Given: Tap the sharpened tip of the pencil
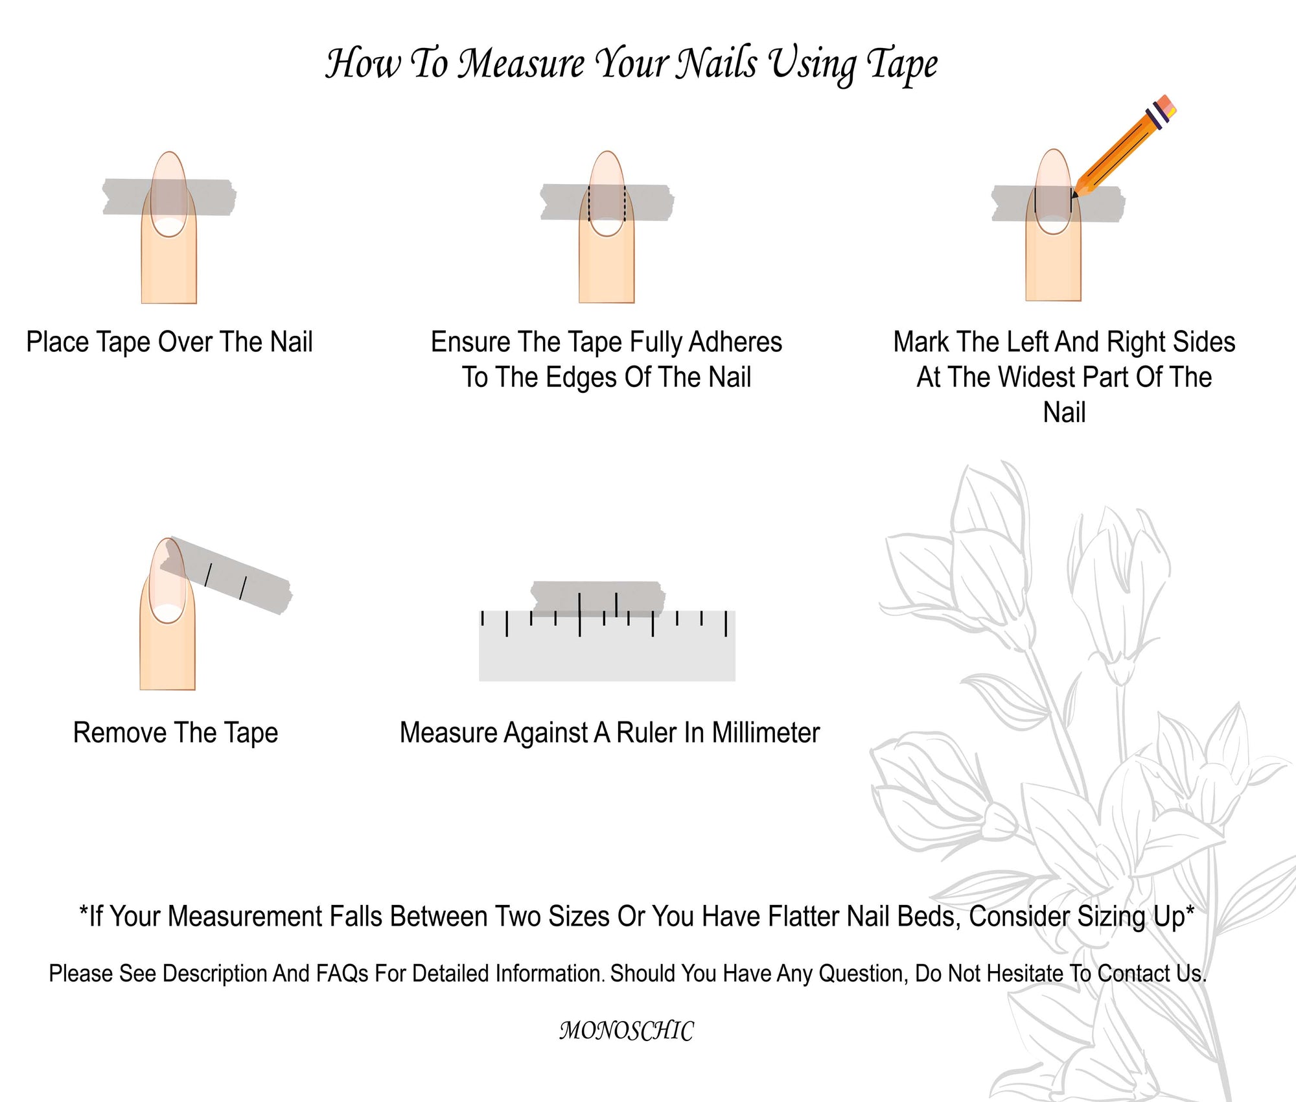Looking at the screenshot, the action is [1074, 195].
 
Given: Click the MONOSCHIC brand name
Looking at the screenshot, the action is [627, 1031].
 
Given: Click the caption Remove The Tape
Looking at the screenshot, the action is [176, 733].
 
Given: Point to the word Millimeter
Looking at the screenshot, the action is [766, 733].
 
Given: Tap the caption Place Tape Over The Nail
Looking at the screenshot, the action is [169, 342].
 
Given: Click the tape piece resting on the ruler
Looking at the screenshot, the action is [598, 598].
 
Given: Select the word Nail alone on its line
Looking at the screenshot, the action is [1064, 412].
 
